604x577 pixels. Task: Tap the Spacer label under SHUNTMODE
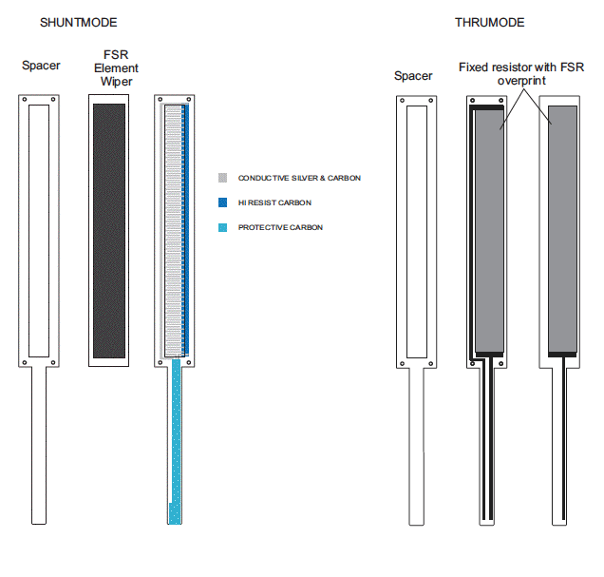point(41,66)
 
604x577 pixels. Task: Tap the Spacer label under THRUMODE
point(413,76)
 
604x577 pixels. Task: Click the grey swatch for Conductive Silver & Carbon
point(222,178)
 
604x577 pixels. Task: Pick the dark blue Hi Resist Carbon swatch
point(222,202)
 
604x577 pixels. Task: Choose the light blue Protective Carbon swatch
point(222,227)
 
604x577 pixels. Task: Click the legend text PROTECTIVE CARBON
point(280,227)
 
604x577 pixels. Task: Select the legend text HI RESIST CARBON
point(274,202)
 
